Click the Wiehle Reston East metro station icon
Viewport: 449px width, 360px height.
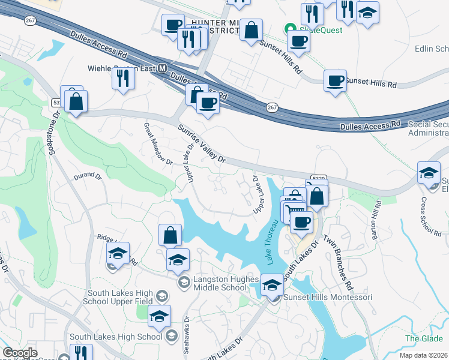click(161, 68)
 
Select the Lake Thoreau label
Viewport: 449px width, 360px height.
click(271, 242)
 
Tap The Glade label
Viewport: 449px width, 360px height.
click(423, 338)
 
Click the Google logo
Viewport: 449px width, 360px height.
click(20, 353)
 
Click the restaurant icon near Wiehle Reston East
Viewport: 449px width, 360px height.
click(123, 78)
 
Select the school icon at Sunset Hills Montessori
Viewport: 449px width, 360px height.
click(272, 285)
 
